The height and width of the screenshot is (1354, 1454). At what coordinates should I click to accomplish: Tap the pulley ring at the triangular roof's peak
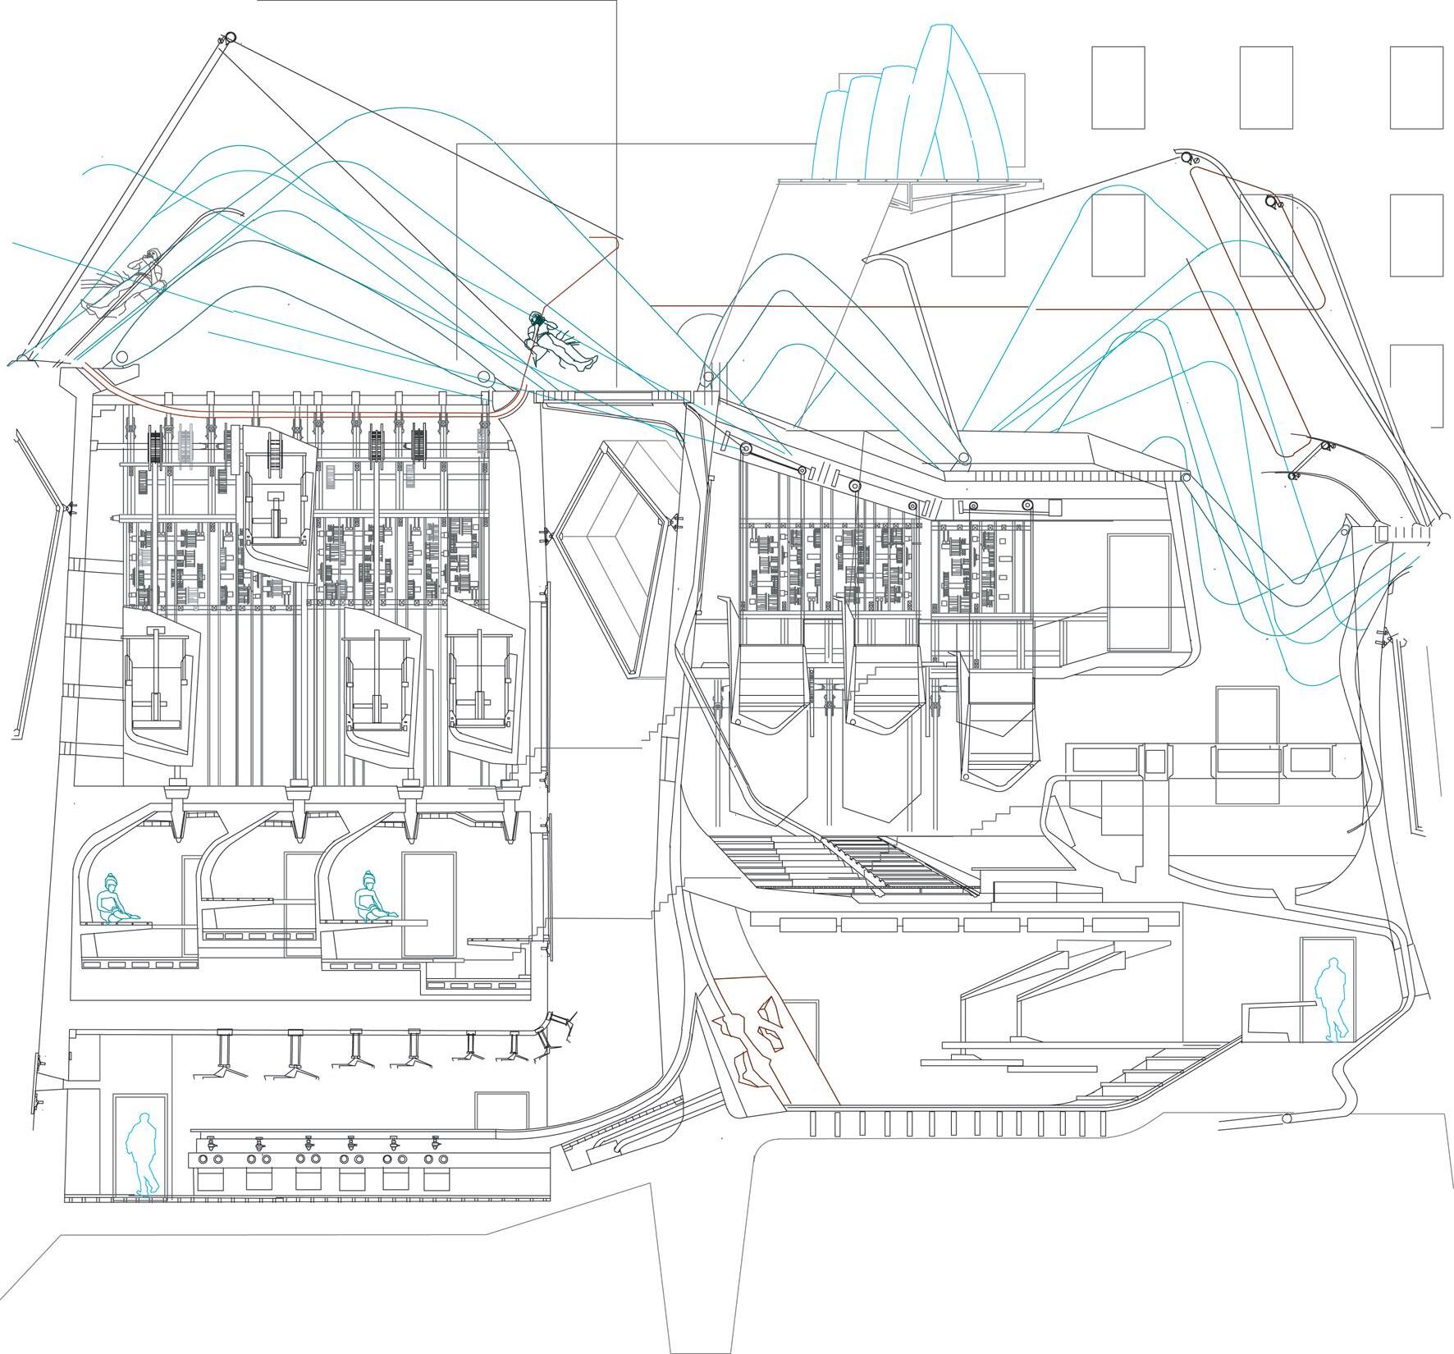click(x=230, y=37)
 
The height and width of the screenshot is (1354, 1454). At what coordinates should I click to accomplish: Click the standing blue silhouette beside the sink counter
click(x=146, y=1153)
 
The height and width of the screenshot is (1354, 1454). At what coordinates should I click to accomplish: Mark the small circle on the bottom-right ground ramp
click(x=1286, y=1118)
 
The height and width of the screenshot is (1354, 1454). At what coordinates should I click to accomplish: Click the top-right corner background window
click(x=1416, y=87)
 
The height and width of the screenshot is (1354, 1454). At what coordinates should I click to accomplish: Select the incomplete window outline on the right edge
click(x=1418, y=386)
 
